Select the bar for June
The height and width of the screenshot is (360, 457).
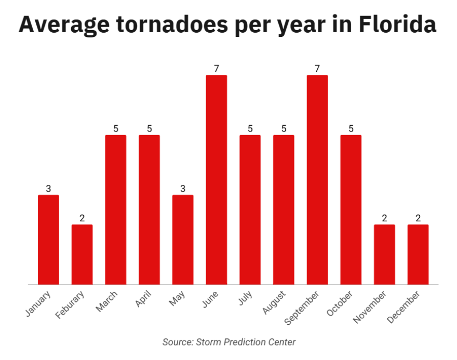(x=217, y=180)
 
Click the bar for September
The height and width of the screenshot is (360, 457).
(x=317, y=180)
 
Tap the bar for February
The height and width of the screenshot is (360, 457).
(x=82, y=255)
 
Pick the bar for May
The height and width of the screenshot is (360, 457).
(x=183, y=239)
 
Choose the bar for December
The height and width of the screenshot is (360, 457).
(x=418, y=255)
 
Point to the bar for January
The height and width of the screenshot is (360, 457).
(x=48, y=239)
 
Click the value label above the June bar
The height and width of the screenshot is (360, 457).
(x=217, y=69)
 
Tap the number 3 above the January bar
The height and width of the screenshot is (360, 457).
(x=48, y=189)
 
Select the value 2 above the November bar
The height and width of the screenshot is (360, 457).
(x=384, y=218)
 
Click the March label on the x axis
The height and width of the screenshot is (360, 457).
(x=107, y=301)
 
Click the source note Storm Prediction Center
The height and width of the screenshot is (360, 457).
(x=228, y=342)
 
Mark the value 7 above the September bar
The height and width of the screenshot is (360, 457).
(x=317, y=69)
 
